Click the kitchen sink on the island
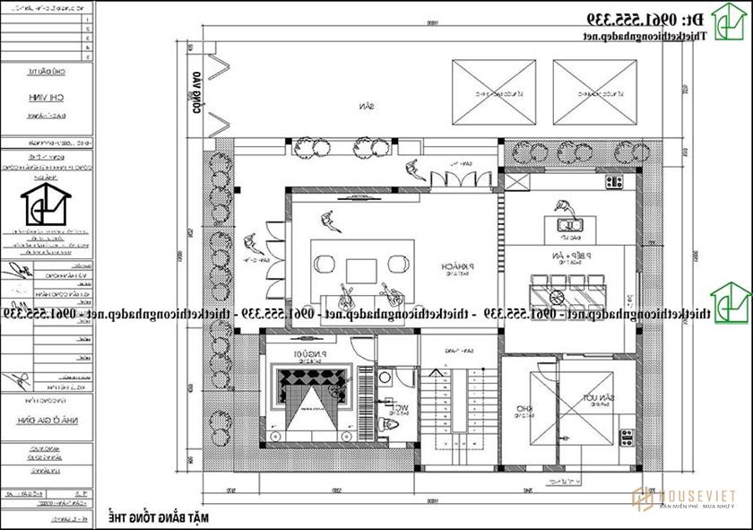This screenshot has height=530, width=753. click(567, 224)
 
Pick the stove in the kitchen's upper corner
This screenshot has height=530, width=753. click(614, 182)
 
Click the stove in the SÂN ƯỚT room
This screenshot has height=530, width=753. click(624, 437)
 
